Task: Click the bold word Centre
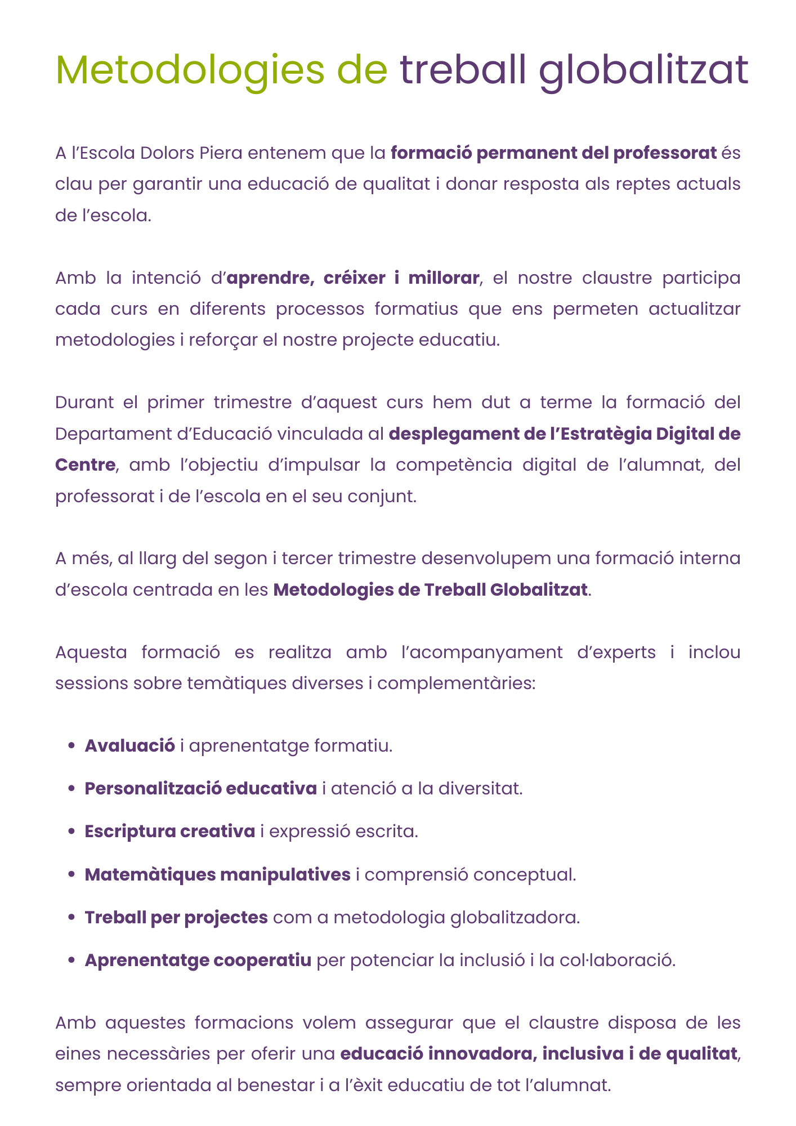[x=85, y=465]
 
